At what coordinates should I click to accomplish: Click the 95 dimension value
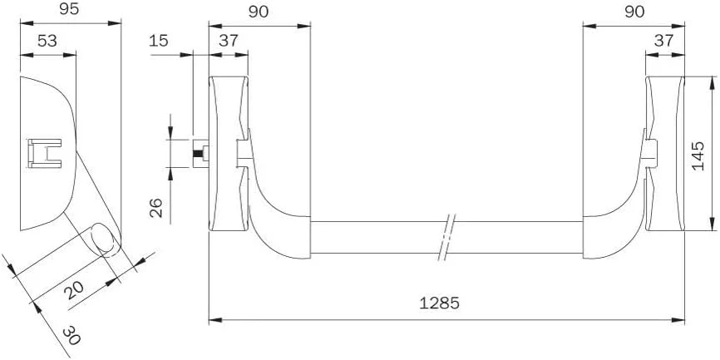click(69, 10)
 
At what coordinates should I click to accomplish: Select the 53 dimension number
click(47, 41)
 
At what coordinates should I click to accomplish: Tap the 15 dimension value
click(159, 41)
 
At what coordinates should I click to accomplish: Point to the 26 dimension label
click(156, 208)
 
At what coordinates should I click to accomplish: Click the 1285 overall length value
click(440, 303)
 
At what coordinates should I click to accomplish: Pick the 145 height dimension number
click(698, 156)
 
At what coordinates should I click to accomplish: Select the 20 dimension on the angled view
click(75, 290)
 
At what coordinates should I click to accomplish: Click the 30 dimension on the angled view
click(72, 335)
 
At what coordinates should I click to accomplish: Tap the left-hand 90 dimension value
click(259, 12)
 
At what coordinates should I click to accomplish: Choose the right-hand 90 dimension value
click(634, 12)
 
